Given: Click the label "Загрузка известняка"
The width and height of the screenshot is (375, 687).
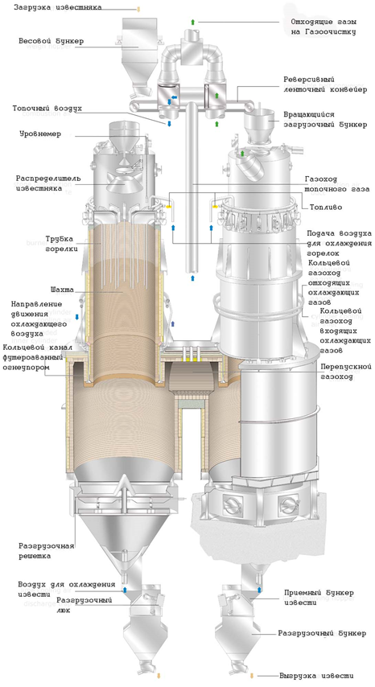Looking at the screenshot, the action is coord(57,7).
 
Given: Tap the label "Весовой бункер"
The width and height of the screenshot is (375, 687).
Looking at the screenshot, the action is coord(51,41).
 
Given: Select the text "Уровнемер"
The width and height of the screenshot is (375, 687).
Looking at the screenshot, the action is coord(40,134).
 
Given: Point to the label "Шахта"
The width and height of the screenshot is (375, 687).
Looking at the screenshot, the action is coord(62,290).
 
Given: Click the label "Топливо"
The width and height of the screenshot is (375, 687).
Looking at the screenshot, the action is coord(325,207).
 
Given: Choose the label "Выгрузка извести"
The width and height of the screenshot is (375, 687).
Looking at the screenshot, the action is coord(316,676).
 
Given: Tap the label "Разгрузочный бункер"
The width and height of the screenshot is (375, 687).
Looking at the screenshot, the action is coord(322,633).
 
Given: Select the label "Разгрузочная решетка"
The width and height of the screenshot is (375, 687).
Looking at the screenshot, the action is coord(46,551).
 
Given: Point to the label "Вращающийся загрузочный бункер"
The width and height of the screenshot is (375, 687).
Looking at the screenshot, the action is coord(325,119).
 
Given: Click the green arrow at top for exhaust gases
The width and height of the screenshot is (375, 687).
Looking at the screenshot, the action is coord(192,22).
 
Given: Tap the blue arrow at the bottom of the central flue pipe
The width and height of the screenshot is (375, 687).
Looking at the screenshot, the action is coord(192,278).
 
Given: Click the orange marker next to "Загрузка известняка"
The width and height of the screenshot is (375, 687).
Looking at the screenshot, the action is coord(138,8).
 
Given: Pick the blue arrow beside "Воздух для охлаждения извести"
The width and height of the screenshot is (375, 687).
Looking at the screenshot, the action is coord(125,590).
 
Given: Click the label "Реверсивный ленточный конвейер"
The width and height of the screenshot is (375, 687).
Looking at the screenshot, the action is coord(325,84).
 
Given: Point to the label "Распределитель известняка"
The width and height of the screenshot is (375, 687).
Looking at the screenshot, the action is coord(48,183).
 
